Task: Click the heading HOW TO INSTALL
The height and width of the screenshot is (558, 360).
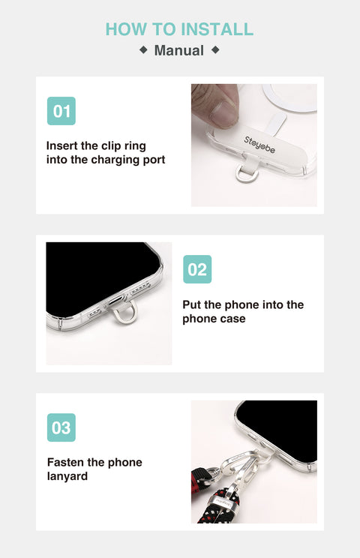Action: pyautogui.click(x=179, y=29)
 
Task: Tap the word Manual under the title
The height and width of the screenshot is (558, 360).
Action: pyautogui.click(x=179, y=50)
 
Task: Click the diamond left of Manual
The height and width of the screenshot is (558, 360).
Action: pyautogui.click(x=143, y=49)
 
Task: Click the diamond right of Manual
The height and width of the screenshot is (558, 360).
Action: pyautogui.click(x=215, y=49)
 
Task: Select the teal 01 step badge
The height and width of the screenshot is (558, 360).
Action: pyautogui.click(x=61, y=111)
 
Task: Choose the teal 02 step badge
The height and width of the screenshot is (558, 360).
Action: pyautogui.click(x=197, y=269)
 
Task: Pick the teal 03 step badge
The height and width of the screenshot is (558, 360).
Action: pyautogui.click(x=61, y=427)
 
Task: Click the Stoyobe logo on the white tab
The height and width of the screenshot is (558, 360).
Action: pyautogui.click(x=259, y=145)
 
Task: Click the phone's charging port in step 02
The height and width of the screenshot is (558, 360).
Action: pyautogui.click(x=115, y=301)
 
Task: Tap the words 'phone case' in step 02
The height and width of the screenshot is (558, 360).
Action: pyautogui.click(x=214, y=319)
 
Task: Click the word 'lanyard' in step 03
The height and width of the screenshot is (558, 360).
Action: pyautogui.click(x=67, y=476)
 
